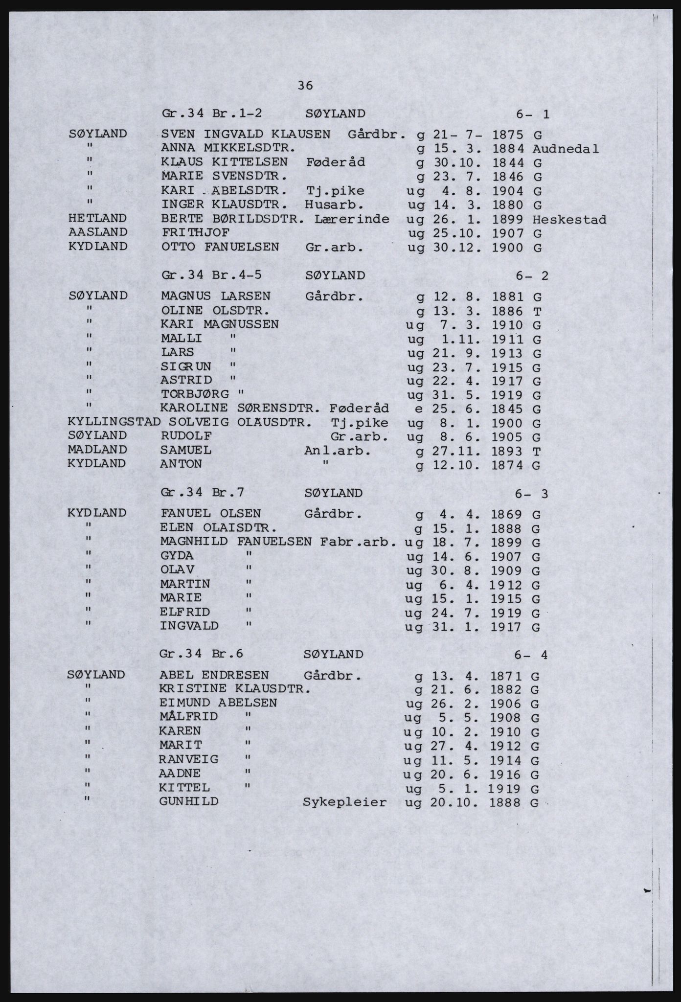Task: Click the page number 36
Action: pos(305,85)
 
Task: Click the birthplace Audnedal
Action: pos(566,149)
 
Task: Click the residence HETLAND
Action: pos(98,218)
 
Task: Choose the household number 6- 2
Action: pos(532,276)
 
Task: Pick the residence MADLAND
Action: pos(97,450)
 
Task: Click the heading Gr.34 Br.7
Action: pos(202,493)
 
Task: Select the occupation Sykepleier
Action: pos(345,802)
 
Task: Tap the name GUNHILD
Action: pos(188,801)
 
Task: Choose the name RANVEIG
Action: pos(188,759)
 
